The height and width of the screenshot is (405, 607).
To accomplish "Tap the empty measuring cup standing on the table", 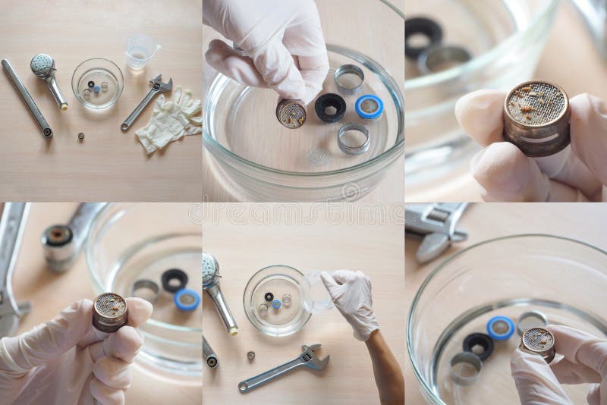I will tap(141, 52).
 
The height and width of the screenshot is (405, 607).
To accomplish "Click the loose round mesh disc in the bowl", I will tap(319, 157).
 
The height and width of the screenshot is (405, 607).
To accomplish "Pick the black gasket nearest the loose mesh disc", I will tap(330, 108).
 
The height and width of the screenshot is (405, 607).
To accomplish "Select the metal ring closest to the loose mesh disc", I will tap(354, 139).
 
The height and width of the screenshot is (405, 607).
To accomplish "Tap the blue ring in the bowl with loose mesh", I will tap(369, 107).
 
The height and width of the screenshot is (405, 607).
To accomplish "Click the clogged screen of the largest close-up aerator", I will tap(536, 103).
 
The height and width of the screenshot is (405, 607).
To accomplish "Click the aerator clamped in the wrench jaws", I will tap(58, 242).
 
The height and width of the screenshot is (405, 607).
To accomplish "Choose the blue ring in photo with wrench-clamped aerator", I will tap(186, 300).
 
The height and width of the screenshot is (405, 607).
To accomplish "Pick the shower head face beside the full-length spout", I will tap(42, 64).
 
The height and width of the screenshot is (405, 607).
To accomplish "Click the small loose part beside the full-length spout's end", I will tap(80, 137).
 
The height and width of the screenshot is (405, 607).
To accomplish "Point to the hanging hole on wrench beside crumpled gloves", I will tap(125, 127).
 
